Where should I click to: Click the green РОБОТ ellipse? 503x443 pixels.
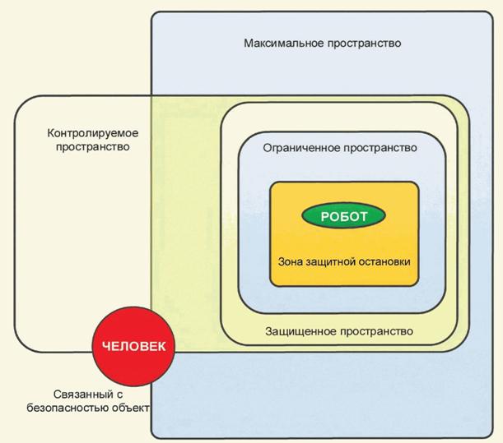344,217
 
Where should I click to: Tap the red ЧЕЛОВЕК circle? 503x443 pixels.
133,346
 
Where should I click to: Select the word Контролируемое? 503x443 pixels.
92,133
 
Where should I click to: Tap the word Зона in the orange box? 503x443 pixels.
294,261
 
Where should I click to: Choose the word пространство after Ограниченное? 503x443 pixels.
380,148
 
